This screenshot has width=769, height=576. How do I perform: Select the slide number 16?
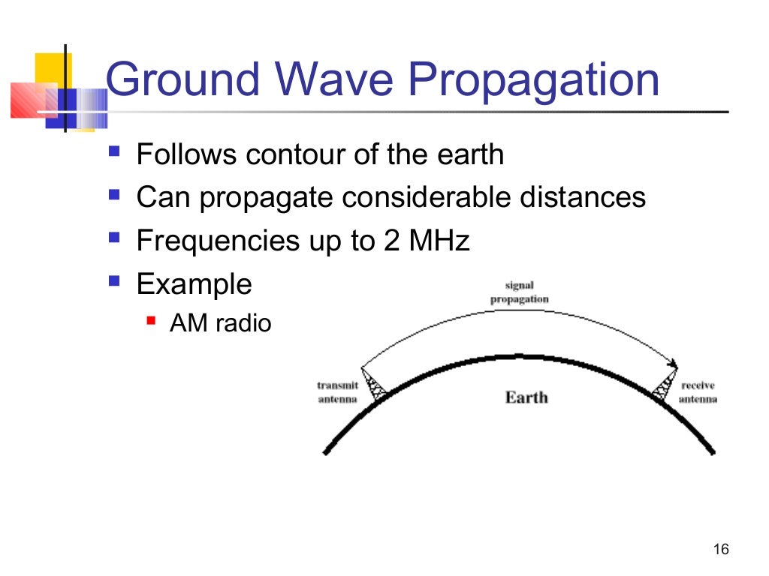coord(720,550)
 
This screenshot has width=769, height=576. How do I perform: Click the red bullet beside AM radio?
coord(150,321)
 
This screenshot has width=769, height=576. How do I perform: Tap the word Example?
coord(194,285)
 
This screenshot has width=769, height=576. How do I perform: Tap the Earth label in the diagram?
coord(526,397)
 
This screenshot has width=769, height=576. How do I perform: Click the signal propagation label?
coord(519,293)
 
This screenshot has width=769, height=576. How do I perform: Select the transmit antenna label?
coord(337,392)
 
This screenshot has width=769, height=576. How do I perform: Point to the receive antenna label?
coord(698,392)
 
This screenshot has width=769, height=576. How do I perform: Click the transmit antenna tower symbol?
coord(373,385)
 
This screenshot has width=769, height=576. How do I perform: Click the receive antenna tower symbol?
coord(665,385)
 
